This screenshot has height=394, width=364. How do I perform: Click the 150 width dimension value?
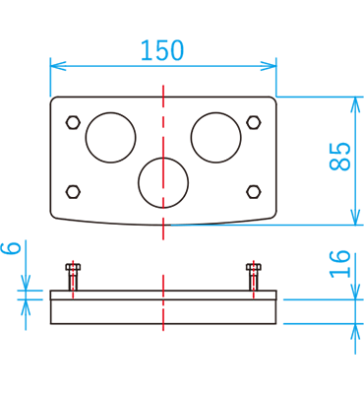tap(162, 50)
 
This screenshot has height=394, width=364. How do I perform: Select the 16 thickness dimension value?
tap(339, 263)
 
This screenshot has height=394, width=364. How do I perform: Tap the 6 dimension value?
tap(13, 247)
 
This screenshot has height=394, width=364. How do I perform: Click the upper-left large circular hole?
tap(110, 137)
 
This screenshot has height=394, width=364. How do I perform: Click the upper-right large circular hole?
tap(215, 137)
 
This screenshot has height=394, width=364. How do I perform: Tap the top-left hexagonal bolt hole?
tap(73, 123)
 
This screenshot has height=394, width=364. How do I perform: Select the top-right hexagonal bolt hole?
tap(254, 123)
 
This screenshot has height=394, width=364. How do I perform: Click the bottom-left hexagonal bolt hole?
tap(73, 191)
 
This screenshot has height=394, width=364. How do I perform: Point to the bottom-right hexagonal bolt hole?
tap(254, 191)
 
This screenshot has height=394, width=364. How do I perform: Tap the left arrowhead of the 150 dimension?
tap(56, 66)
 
